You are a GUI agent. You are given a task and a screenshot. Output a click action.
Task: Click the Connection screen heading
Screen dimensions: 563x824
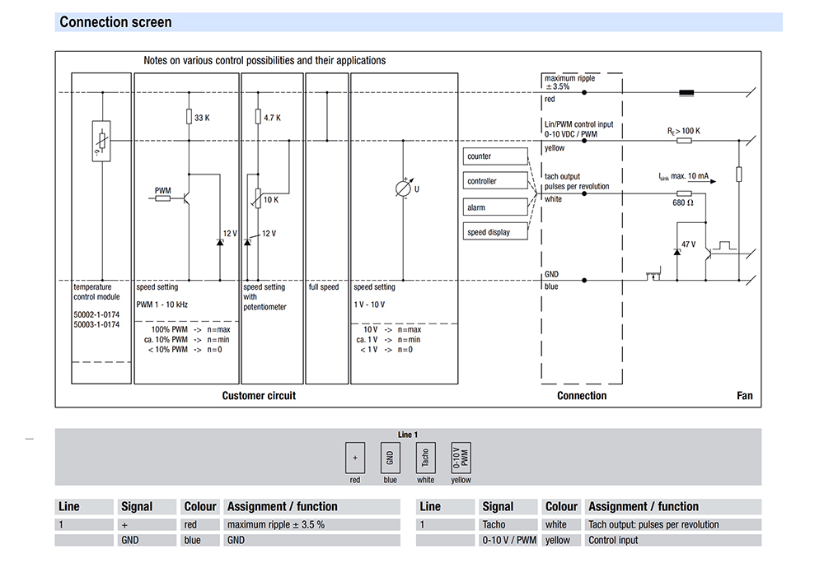(x=115, y=22)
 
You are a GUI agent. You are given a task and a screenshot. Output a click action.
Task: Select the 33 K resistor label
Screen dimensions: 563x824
(x=202, y=118)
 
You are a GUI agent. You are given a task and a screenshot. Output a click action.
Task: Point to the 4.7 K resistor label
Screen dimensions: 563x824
(x=273, y=118)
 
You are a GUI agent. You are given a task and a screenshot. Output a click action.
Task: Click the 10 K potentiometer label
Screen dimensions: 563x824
(x=271, y=199)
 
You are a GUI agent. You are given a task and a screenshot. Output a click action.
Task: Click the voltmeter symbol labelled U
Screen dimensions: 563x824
(x=404, y=188)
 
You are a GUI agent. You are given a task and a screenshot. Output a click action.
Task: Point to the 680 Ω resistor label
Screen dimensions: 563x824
(x=684, y=202)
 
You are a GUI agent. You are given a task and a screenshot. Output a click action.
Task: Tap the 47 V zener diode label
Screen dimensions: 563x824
(x=688, y=244)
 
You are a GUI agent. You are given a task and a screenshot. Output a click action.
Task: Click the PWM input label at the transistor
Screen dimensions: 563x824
(x=163, y=190)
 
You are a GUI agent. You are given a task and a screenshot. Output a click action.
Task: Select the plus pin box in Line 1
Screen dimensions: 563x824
(x=355, y=458)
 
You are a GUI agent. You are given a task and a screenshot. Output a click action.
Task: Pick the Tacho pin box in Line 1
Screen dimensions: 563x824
(x=425, y=458)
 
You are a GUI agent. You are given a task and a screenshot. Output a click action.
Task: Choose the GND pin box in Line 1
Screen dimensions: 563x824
(x=390, y=458)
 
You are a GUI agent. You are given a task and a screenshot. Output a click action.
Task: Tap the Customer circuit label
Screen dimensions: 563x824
(x=259, y=396)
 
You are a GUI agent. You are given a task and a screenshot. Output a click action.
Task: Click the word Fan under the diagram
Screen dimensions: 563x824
(x=744, y=396)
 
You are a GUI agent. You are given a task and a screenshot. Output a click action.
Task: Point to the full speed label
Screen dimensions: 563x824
(x=324, y=287)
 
